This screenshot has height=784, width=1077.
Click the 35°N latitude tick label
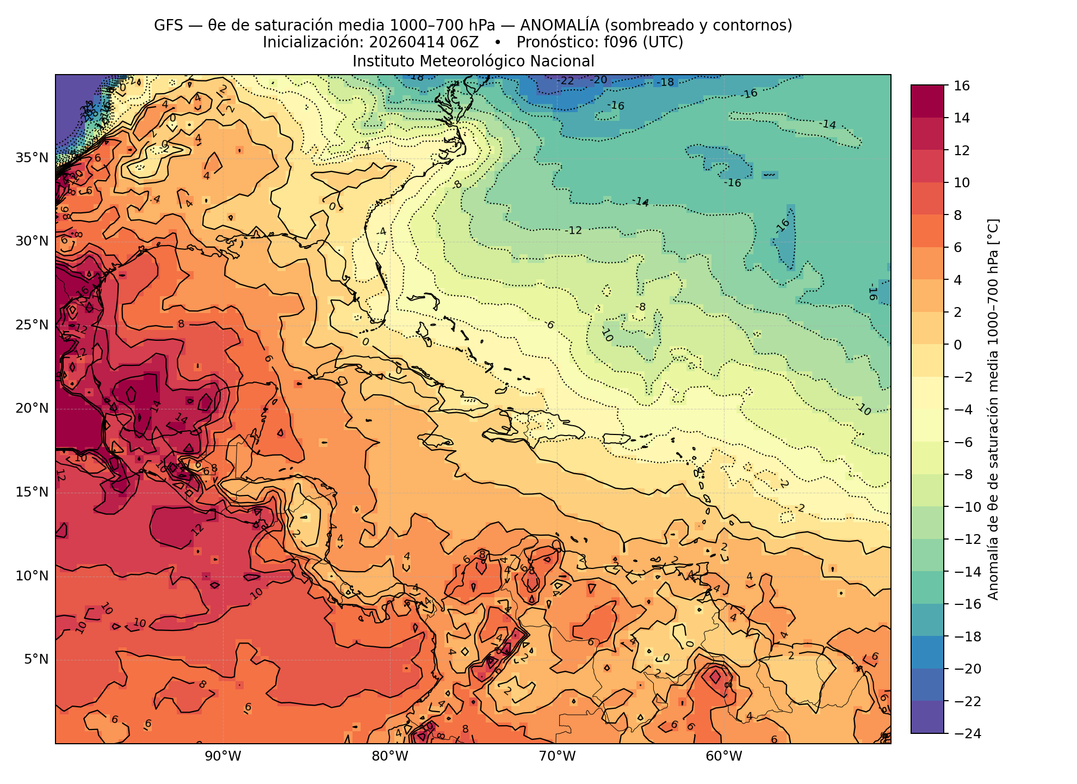(x=32, y=158)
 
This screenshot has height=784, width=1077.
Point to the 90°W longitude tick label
(x=223, y=756)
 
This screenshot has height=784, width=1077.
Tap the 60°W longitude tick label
(x=723, y=756)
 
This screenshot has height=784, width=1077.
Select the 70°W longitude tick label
(x=557, y=756)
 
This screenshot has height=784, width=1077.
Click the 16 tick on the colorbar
(x=962, y=85)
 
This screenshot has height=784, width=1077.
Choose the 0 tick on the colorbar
(x=958, y=345)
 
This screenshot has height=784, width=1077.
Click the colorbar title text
(x=993, y=409)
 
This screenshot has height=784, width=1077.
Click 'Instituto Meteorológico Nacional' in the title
(x=473, y=62)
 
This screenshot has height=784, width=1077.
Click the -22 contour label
(x=566, y=81)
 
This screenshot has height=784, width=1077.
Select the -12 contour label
(x=573, y=231)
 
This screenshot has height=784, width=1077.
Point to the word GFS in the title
(x=165, y=25)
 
